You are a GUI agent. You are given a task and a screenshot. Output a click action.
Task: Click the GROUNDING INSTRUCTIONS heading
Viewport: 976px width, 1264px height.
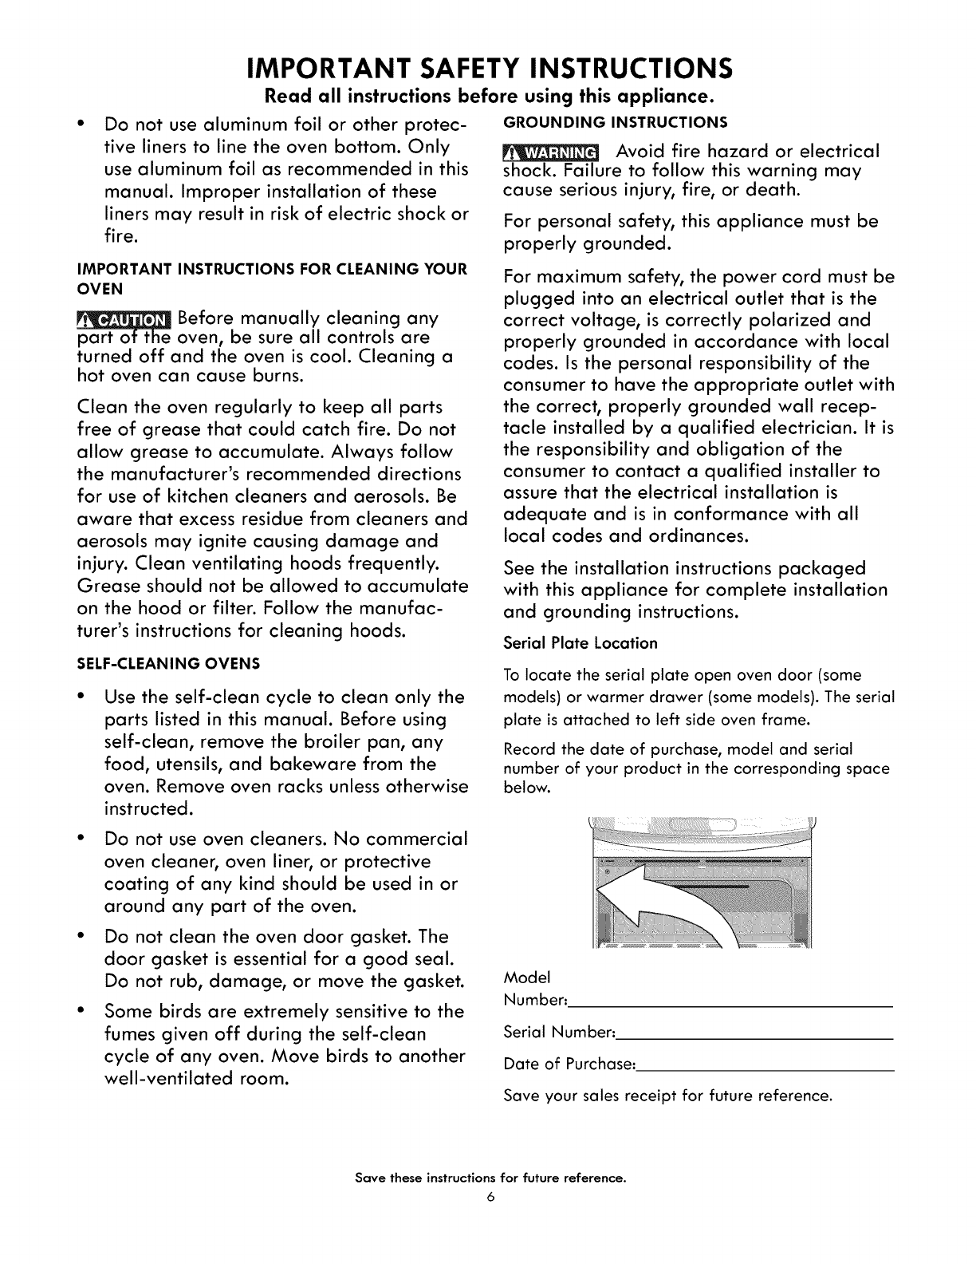(x=615, y=122)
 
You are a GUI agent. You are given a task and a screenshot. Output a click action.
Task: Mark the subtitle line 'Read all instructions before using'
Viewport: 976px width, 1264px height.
(x=488, y=98)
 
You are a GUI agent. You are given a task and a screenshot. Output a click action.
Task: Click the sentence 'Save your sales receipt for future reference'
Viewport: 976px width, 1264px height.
(x=668, y=1096)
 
